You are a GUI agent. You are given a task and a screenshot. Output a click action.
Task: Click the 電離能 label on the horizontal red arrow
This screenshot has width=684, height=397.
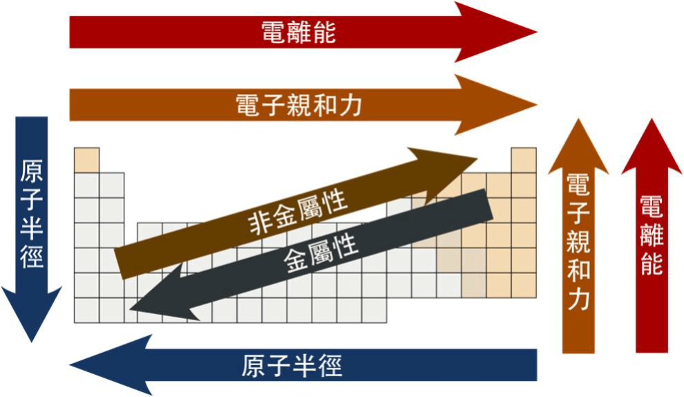pyautogui.click(x=298, y=33)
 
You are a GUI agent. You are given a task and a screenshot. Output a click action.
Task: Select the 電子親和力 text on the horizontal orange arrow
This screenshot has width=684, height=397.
pyautogui.click(x=298, y=105)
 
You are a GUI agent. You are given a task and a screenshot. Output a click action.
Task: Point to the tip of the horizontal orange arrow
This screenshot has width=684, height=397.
pyautogui.click(x=537, y=105)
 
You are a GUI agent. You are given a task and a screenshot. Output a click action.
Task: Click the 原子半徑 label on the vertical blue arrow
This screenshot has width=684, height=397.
pyautogui.click(x=31, y=214)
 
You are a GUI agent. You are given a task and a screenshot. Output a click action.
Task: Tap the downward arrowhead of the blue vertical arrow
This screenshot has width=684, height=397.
pyautogui.click(x=31, y=315)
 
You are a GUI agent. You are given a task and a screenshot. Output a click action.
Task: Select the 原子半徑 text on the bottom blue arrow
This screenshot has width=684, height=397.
pyautogui.click(x=292, y=365)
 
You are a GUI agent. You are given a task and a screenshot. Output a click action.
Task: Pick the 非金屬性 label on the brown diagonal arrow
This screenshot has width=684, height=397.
pyautogui.click(x=298, y=212)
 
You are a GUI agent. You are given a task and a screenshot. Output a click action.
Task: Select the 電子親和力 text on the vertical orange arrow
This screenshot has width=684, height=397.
pyautogui.click(x=578, y=241)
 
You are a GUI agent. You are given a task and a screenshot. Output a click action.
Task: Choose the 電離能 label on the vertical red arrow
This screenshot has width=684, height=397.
pyautogui.click(x=652, y=235)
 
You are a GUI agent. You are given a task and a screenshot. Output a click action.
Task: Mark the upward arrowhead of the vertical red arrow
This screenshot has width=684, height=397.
pyautogui.click(x=652, y=147)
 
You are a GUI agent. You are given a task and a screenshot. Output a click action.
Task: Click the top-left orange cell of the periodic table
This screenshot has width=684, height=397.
pyautogui.click(x=87, y=160)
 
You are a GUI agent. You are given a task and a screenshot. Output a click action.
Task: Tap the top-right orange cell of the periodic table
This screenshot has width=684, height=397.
pyautogui.click(x=524, y=160)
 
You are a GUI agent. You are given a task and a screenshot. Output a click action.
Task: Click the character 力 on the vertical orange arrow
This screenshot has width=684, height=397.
pyautogui.click(x=578, y=299)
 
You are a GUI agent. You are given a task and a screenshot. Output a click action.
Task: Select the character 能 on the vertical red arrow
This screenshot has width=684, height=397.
pyautogui.click(x=652, y=264)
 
